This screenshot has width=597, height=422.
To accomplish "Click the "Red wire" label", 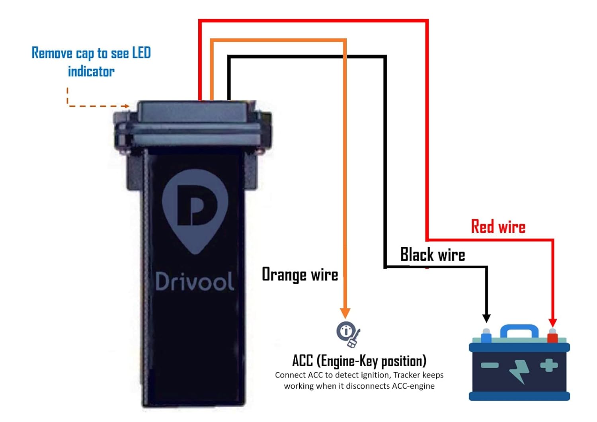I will (498, 227).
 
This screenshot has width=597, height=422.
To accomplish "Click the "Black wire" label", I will (433, 255).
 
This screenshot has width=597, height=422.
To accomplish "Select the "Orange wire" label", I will (300, 275).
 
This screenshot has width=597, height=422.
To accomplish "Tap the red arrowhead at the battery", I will (552, 322).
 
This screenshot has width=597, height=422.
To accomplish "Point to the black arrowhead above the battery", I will (486, 318).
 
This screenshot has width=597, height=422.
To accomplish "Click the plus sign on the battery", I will (549, 365).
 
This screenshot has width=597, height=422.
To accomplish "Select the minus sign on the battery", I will (490, 365).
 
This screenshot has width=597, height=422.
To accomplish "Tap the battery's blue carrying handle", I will (519, 330).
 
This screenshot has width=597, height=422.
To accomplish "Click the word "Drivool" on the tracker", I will (194, 281).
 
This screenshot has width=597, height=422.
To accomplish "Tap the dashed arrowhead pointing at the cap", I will (126, 106).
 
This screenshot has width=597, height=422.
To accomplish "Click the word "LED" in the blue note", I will (141, 53).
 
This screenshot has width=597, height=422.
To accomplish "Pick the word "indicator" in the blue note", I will (91, 72).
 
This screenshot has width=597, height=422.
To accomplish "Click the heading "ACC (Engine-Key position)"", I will (359, 361).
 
